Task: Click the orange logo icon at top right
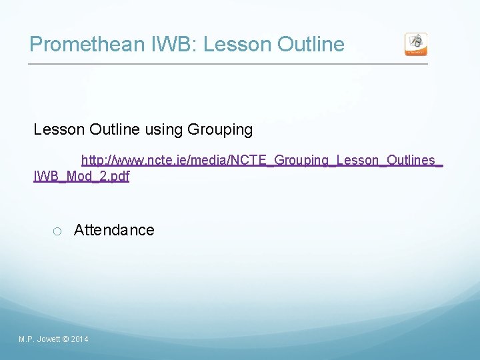pos(416,44)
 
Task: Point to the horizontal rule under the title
pos(227,64)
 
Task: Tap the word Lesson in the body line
pos(56,130)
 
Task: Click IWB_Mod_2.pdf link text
pos(81,177)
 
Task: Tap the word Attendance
pos(114,230)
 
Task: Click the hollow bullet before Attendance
pos(57,231)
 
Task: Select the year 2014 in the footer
pos(79,340)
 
